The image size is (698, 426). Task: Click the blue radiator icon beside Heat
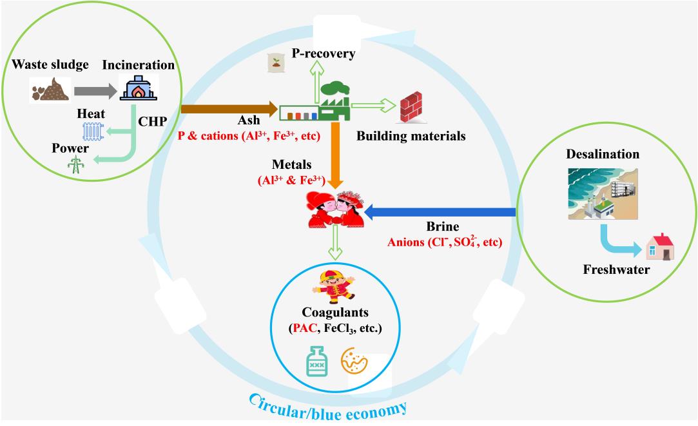(92, 131)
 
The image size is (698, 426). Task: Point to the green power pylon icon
(76, 164)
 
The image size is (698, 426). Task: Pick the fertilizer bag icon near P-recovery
(276, 62)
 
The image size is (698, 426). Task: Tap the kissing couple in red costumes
(335, 209)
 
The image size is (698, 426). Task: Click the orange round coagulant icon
(356, 363)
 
